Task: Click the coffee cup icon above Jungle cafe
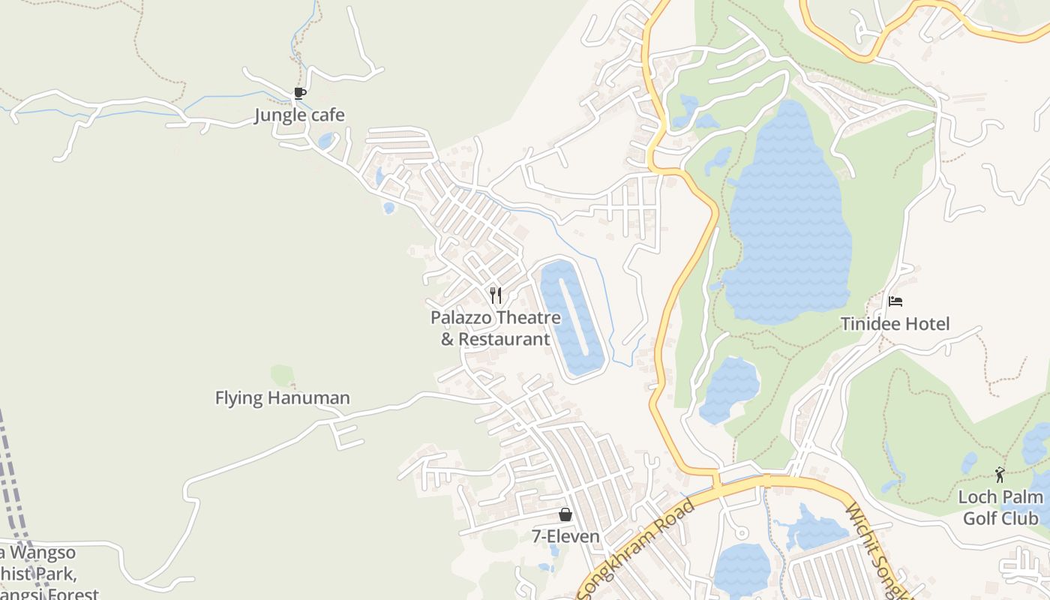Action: [x=300, y=94]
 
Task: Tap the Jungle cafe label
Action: [x=299, y=115]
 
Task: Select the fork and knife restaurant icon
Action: [x=495, y=295]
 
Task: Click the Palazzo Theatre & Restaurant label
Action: [x=495, y=328]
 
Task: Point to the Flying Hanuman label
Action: [x=283, y=397]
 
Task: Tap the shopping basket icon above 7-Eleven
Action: [x=565, y=514]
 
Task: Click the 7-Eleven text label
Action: [x=565, y=536]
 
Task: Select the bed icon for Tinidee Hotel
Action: [x=895, y=301]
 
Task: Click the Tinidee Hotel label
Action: [x=895, y=324]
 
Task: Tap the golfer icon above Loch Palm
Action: [x=1000, y=474]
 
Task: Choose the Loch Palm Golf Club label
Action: [x=1000, y=508]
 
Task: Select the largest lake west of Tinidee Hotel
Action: [x=787, y=225]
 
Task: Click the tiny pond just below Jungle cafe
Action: [x=325, y=140]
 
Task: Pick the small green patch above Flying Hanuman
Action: [x=282, y=374]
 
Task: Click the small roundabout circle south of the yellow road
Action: [x=742, y=533]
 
